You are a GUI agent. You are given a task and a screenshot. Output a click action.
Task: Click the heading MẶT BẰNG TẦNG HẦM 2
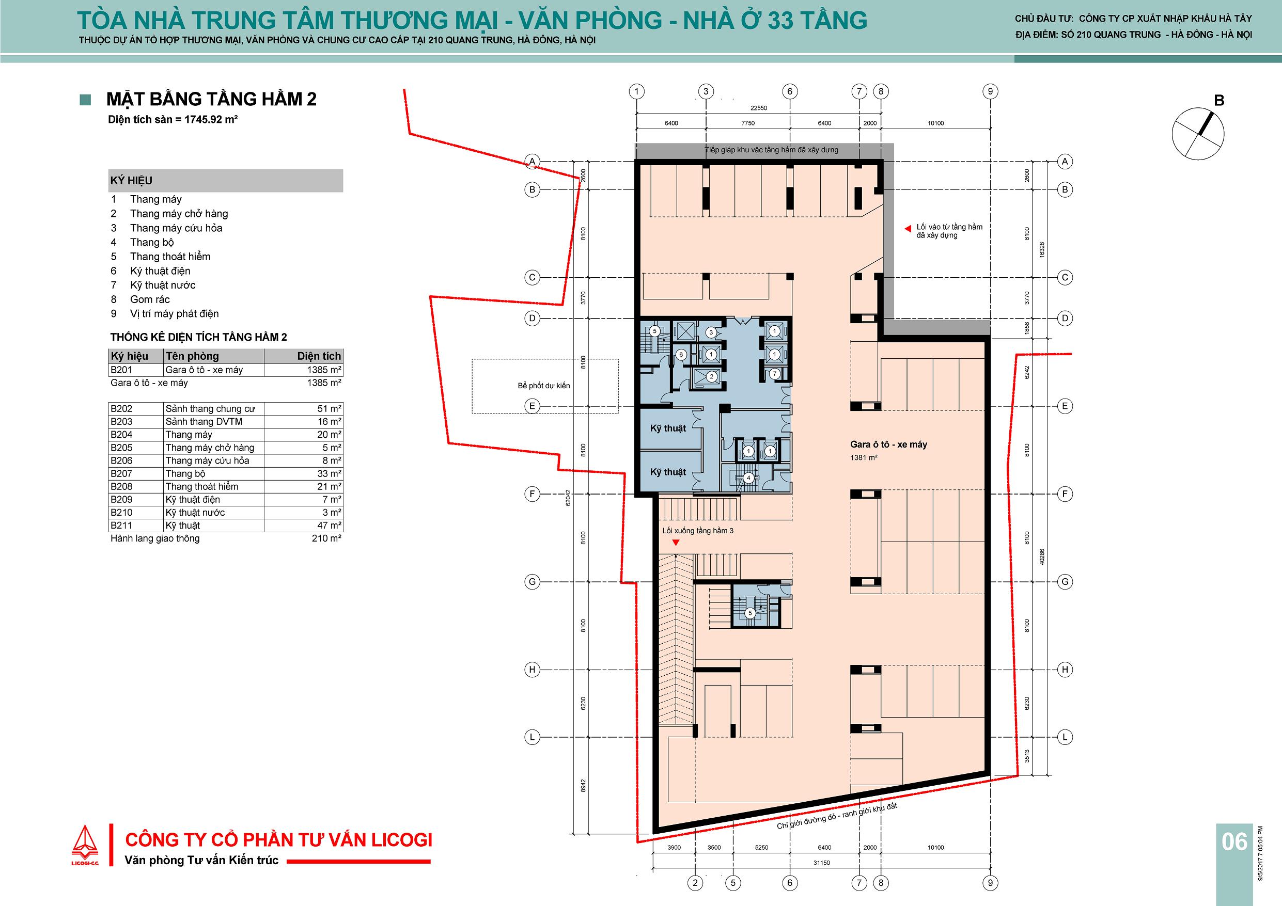pos(212,99)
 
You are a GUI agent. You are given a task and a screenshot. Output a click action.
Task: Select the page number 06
pos(1233,841)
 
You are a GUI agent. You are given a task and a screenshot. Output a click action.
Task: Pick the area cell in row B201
pos(304,370)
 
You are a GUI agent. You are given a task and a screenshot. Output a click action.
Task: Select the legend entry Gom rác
pos(150,299)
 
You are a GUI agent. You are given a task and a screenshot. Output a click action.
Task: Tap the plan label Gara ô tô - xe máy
pos(888,444)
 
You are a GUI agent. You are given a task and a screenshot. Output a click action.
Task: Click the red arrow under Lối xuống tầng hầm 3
pos(676,542)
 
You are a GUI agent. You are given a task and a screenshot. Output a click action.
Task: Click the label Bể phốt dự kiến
pos(544,385)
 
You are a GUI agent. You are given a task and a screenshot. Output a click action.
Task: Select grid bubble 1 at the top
pos(636,91)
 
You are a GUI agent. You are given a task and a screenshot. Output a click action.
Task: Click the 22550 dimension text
pos(759,108)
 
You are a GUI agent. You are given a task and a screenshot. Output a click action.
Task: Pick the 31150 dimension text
pos(821,863)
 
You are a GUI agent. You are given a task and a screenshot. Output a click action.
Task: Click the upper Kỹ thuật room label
pos(668,428)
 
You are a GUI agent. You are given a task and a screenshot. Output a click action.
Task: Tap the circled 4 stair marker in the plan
pos(749,478)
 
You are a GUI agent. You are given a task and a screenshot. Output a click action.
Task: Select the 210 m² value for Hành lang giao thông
pos(326,538)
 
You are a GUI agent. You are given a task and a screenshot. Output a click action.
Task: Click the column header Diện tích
pos(319,356)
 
